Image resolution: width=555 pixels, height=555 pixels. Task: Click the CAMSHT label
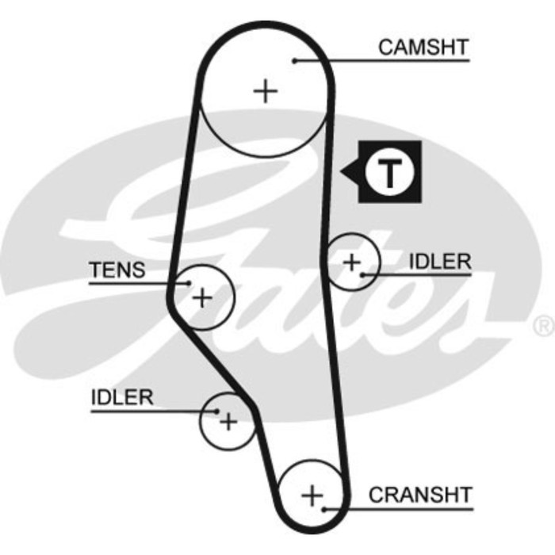423,47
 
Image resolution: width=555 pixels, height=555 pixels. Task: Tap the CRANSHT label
420,495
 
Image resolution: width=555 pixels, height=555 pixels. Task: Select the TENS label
117,270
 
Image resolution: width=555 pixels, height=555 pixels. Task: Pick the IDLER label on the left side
122,397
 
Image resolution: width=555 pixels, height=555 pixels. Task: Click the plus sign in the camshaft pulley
266,91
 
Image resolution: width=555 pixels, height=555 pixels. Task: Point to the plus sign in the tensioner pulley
204,298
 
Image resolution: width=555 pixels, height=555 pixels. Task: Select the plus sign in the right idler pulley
351,261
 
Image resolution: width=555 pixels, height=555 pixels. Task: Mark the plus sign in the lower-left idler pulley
228,421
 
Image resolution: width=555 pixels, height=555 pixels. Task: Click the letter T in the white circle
388,171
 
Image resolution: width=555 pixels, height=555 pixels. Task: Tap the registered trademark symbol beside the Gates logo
544,325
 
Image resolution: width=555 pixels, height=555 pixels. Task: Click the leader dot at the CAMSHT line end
294,60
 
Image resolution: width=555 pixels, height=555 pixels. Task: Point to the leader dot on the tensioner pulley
188,282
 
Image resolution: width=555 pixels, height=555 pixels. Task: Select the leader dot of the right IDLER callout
362,274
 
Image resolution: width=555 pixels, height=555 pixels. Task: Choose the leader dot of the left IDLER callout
217,410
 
